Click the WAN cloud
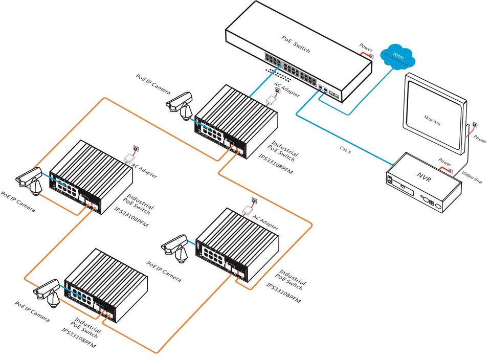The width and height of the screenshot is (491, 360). (398, 55)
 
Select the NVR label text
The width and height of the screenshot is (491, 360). (424, 176)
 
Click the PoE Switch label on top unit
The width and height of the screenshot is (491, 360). (296, 44)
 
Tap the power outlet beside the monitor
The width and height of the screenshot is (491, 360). (475, 124)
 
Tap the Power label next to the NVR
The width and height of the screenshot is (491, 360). (445, 163)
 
